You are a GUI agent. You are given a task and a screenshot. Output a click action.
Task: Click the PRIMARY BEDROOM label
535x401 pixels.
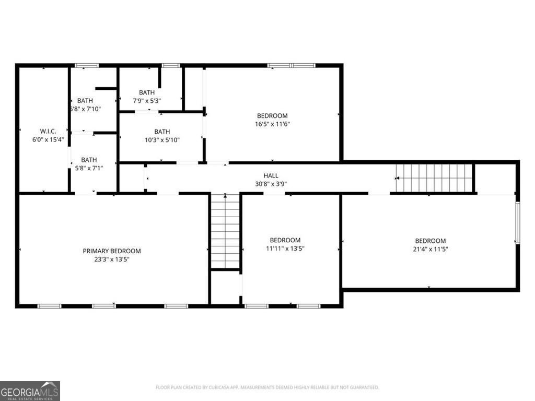(x=112, y=251)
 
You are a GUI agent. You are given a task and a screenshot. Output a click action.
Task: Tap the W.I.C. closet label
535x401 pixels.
(x=48, y=131)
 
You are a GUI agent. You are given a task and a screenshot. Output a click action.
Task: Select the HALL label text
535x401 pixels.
(x=271, y=176)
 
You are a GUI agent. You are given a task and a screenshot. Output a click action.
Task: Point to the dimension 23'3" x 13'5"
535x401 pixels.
(x=112, y=260)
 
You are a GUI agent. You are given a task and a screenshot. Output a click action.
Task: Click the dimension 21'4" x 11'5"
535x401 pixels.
(x=431, y=249)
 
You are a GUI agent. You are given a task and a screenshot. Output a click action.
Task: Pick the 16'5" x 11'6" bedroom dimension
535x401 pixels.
(x=272, y=124)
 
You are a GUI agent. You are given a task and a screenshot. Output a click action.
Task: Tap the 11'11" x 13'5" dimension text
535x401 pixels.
(x=285, y=249)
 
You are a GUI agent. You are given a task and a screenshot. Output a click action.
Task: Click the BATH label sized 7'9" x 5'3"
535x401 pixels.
(x=147, y=92)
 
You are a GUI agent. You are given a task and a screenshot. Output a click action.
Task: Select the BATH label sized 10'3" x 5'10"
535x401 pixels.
(x=162, y=132)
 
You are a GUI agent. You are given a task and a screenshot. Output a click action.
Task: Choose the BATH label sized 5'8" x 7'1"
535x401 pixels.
(x=89, y=160)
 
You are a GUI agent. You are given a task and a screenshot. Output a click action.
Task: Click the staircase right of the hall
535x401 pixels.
(x=434, y=178)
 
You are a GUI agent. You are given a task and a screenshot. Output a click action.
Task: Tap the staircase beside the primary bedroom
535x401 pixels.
(x=225, y=231)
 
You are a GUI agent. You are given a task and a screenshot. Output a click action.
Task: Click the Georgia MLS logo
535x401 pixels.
(x=30, y=391)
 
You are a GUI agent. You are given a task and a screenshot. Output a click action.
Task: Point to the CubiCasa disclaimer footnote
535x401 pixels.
(x=267, y=387)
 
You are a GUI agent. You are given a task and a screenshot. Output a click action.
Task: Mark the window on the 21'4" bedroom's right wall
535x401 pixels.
(x=517, y=223)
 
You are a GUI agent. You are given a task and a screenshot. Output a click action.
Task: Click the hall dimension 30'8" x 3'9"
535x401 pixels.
(x=271, y=184)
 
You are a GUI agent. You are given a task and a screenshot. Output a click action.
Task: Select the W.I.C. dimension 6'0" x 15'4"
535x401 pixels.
(x=48, y=139)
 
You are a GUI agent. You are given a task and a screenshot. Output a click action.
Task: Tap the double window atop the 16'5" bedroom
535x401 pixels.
(x=292, y=65)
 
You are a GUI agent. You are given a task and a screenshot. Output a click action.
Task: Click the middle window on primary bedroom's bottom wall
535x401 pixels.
(x=104, y=305)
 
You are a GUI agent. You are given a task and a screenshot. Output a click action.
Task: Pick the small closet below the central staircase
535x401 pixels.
(x=225, y=287)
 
